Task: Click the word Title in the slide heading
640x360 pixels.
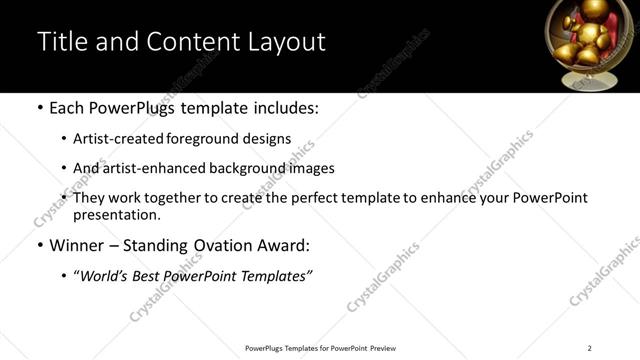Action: point(62,42)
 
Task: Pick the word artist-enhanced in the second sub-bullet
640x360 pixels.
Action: point(151,168)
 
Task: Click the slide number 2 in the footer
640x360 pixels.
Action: point(589,348)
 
